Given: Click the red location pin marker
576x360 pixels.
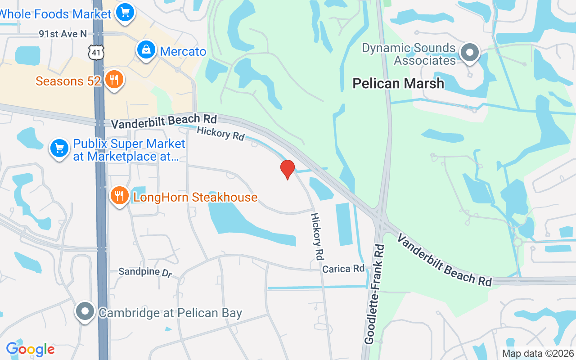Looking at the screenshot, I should click(x=288, y=169).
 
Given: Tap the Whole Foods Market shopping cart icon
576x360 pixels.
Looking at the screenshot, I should click(x=125, y=12).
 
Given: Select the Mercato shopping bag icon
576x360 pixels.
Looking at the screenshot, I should click(x=146, y=50).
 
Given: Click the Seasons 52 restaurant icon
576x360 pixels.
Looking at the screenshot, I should click(x=114, y=79).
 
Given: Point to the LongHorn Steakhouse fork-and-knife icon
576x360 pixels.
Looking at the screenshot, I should click(x=119, y=196).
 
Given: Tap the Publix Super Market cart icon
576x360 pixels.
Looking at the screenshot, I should click(x=59, y=148).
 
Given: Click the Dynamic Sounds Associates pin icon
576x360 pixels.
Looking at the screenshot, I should click(x=470, y=53).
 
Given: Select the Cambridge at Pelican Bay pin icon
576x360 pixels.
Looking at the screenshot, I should click(x=85, y=311).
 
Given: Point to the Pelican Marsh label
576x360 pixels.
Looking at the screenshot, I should click(x=398, y=83).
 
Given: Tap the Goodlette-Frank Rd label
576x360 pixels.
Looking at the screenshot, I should click(x=375, y=294).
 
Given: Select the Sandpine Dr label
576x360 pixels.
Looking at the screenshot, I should click(x=145, y=272).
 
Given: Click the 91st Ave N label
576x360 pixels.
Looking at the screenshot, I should click(x=63, y=34).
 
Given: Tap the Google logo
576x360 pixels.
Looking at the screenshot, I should click(x=30, y=349).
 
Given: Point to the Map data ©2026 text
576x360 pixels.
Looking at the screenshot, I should click(x=538, y=354).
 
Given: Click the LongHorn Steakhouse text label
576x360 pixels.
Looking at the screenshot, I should click(x=195, y=197).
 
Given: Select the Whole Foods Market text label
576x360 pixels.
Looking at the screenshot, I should click(x=55, y=14).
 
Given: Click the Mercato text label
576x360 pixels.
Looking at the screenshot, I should click(x=183, y=51).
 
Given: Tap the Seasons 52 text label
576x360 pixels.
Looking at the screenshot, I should click(x=68, y=81).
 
